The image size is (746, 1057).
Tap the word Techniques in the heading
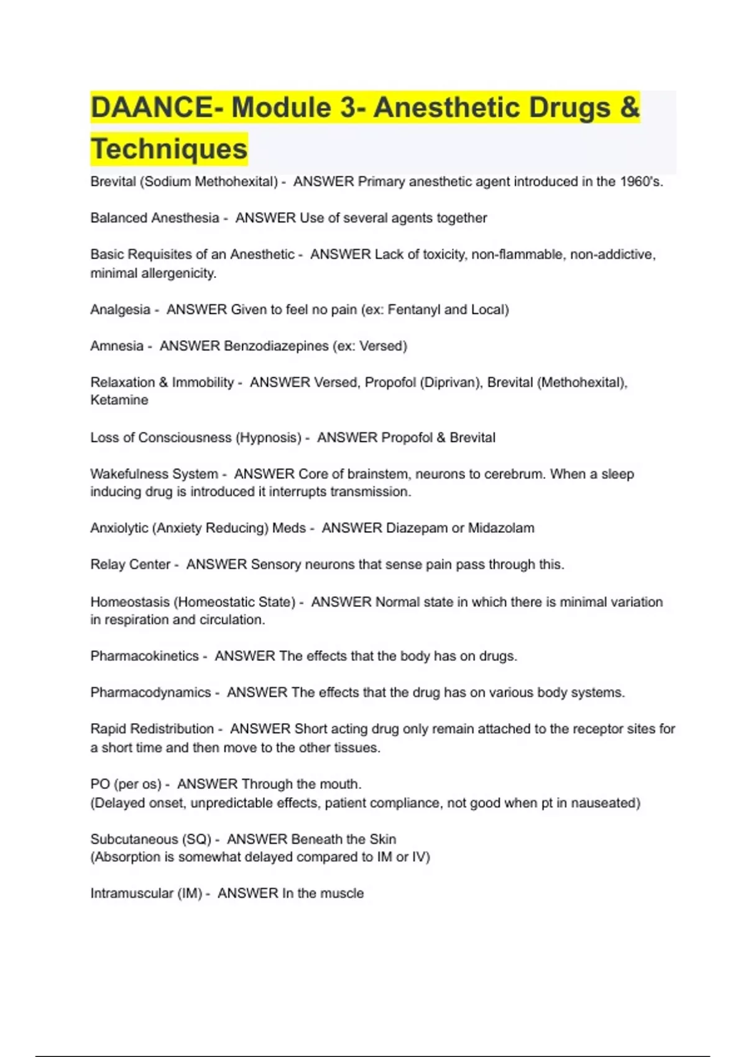coord(169,149)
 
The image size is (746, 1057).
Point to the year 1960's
coord(642,182)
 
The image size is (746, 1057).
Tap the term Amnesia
coord(117,346)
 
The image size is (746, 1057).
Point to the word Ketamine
coord(119,400)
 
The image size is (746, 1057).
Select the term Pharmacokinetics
coord(144,656)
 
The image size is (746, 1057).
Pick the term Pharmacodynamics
coord(150,692)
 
